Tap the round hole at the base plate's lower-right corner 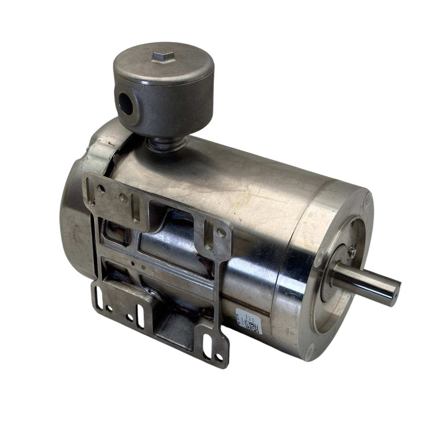pos(219,357)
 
